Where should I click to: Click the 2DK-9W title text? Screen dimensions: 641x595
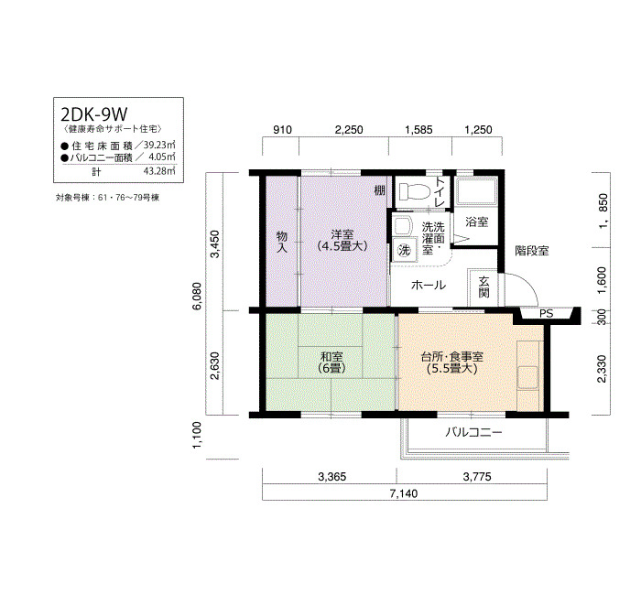point(94,114)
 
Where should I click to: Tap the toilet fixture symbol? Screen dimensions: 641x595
point(414,190)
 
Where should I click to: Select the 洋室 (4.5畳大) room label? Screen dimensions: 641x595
point(342,240)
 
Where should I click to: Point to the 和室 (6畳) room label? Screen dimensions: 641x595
point(331,362)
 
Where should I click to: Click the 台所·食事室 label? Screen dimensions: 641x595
point(451,357)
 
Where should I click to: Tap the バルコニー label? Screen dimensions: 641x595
point(473,432)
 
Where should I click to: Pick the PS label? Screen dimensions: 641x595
point(546,313)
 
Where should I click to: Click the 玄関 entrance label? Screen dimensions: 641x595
point(484,287)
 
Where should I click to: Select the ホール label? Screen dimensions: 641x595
point(428,285)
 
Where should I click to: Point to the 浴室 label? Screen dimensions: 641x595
point(477,222)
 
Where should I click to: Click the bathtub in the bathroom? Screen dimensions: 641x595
point(477,190)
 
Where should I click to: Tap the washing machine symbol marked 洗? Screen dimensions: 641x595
point(404,250)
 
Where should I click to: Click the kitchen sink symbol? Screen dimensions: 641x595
point(527,377)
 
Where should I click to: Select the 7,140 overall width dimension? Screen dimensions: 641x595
point(404,493)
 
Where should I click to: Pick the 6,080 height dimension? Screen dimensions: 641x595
point(198,296)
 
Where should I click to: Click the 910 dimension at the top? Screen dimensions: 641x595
point(282,130)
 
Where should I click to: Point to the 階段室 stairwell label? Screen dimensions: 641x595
point(531,251)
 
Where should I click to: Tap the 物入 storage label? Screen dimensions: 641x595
point(282,242)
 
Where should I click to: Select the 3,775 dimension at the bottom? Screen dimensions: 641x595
point(477,477)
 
